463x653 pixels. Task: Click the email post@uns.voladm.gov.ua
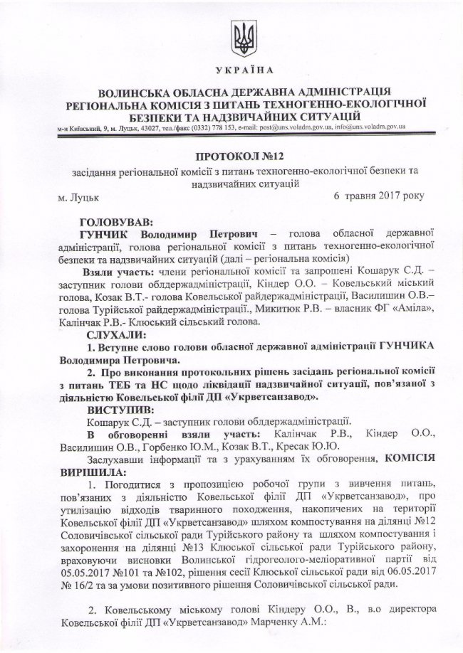pyautogui.click(x=281, y=126)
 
